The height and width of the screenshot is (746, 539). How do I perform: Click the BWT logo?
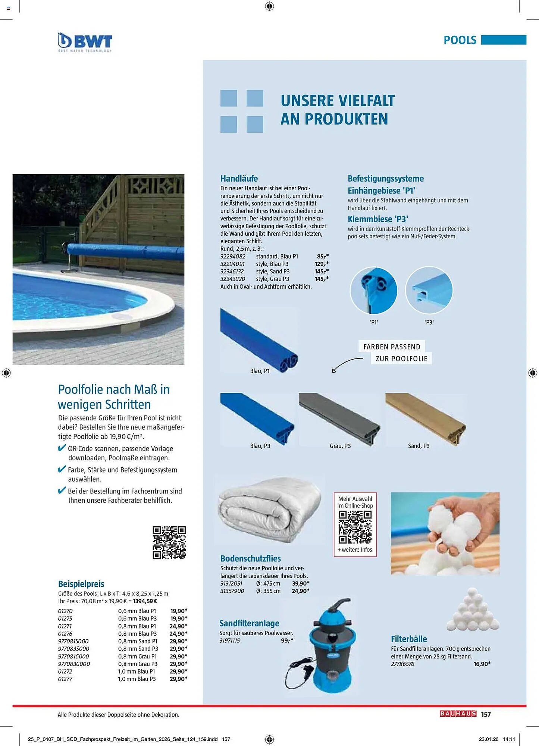(x=85, y=42)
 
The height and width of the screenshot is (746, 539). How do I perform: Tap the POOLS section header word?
(x=460, y=40)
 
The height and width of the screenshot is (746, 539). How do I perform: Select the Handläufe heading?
(x=239, y=178)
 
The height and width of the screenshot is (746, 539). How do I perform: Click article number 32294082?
(x=233, y=256)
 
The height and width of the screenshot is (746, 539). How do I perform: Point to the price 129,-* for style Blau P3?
(x=321, y=264)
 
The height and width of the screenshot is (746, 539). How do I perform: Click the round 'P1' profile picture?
(x=373, y=290)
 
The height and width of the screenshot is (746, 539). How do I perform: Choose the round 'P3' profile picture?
(x=429, y=290)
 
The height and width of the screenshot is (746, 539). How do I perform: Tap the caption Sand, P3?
(x=419, y=446)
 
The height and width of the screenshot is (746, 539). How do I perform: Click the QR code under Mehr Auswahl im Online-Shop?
(x=355, y=527)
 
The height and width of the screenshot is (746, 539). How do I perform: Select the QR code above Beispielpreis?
(x=169, y=542)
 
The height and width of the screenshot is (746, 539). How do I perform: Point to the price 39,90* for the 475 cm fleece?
(x=300, y=583)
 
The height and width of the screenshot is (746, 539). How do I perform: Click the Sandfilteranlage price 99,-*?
(x=287, y=640)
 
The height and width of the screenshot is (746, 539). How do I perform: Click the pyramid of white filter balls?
(x=473, y=610)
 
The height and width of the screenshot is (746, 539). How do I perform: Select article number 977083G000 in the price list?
(x=74, y=664)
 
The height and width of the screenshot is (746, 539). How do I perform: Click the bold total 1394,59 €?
(x=145, y=601)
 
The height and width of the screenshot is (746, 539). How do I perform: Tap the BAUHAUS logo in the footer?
(x=458, y=714)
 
